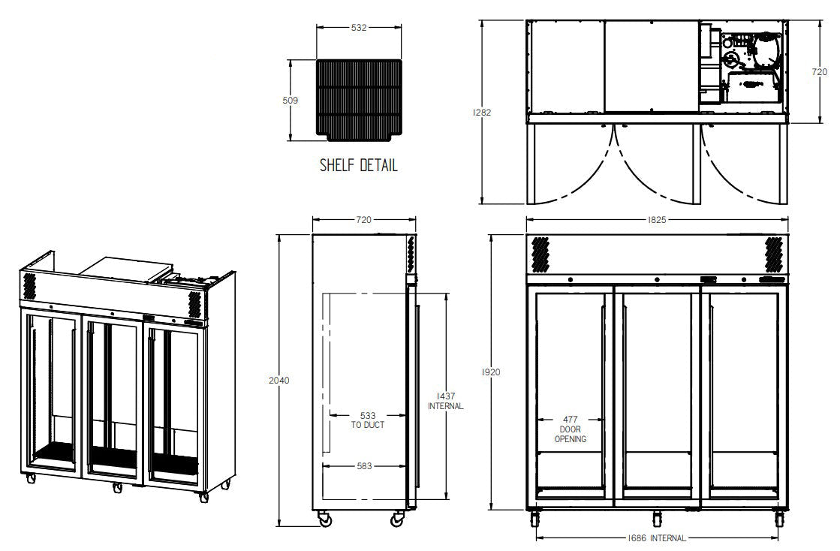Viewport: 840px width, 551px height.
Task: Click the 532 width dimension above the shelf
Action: (x=359, y=28)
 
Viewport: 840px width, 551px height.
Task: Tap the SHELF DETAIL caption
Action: (x=358, y=165)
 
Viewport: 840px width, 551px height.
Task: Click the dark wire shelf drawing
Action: (x=359, y=98)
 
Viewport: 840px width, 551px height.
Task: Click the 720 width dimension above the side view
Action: (x=363, y=220)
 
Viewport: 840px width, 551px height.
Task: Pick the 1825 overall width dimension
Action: (x=657, y=220)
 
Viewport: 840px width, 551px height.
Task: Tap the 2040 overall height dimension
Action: (x=279, y=380)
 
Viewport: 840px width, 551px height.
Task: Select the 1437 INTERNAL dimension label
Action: (x=445, y=400)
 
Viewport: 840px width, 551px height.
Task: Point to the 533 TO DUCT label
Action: (x=367, y=419)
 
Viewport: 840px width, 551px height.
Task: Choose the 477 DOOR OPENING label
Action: (x=571, y=429)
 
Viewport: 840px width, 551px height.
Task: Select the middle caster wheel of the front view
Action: (x=658, y=518)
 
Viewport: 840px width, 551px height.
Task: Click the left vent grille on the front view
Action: (x=540, y=254)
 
